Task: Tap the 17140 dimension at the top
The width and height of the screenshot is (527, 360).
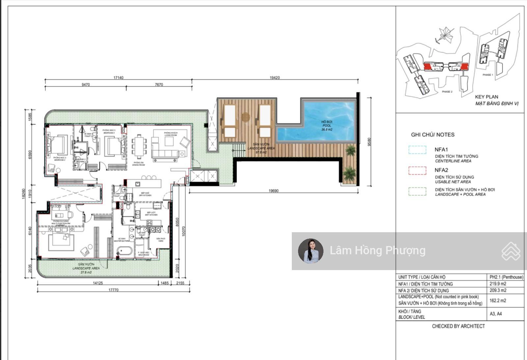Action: point(118,78)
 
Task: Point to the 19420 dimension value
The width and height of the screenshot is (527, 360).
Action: point(274,78)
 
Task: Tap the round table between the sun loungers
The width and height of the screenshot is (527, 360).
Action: point(246,117)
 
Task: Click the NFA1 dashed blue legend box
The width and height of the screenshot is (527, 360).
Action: point(417,150)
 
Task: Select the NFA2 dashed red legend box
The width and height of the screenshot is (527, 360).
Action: point(417,171)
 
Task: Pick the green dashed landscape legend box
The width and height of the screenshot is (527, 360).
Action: point(417,191)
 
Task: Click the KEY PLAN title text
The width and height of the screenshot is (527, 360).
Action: point(486,97)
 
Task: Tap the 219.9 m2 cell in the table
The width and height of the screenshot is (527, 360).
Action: point(498,284)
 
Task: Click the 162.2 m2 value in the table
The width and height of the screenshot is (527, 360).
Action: point(498,300)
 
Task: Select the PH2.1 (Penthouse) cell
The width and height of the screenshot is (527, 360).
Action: point(506,277)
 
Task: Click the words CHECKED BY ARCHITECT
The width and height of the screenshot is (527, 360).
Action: point(458,326)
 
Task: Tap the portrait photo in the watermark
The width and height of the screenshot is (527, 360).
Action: point(311,251)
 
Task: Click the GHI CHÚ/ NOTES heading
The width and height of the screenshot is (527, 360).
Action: point(432,135)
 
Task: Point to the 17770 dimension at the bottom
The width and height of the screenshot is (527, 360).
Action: point(113,290)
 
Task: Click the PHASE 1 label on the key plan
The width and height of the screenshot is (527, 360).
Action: point(487,75)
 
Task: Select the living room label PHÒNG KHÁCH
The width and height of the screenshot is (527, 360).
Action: point(171,133)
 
